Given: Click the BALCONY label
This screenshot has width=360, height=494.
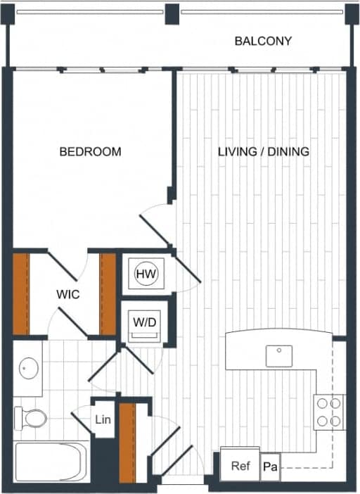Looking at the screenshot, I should pyautogui.click(x=263, y=41).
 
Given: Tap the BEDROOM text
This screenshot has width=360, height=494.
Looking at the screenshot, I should pyautogui.click(x=90, y=151).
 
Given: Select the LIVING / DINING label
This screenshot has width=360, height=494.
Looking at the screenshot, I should pyautogui.click(x=263, y=151).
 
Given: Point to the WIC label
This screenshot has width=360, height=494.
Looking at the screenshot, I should pyautogui.click(x=68, y=295).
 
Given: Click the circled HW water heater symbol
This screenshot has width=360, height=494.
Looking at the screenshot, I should pyautogui.click(x=146, y=274).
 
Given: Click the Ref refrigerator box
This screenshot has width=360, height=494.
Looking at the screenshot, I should pyautogui.click(x=240, y=465).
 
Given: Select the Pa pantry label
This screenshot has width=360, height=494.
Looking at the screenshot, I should pyautogui.click(x=269, y=467).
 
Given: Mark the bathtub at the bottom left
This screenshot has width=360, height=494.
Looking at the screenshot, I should pyautogui.click(x=51, y=462).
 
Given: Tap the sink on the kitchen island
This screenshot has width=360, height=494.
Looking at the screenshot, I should pyautogui.click(x=279, y=355).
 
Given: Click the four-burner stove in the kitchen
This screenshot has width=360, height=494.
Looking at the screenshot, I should pyautogui.click(x=329, y=412).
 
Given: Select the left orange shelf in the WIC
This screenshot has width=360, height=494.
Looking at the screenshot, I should pyautogui.click(x=22, y=293).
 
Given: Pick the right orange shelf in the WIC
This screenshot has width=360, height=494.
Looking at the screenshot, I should pyautogui.click(x=108, y=293).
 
